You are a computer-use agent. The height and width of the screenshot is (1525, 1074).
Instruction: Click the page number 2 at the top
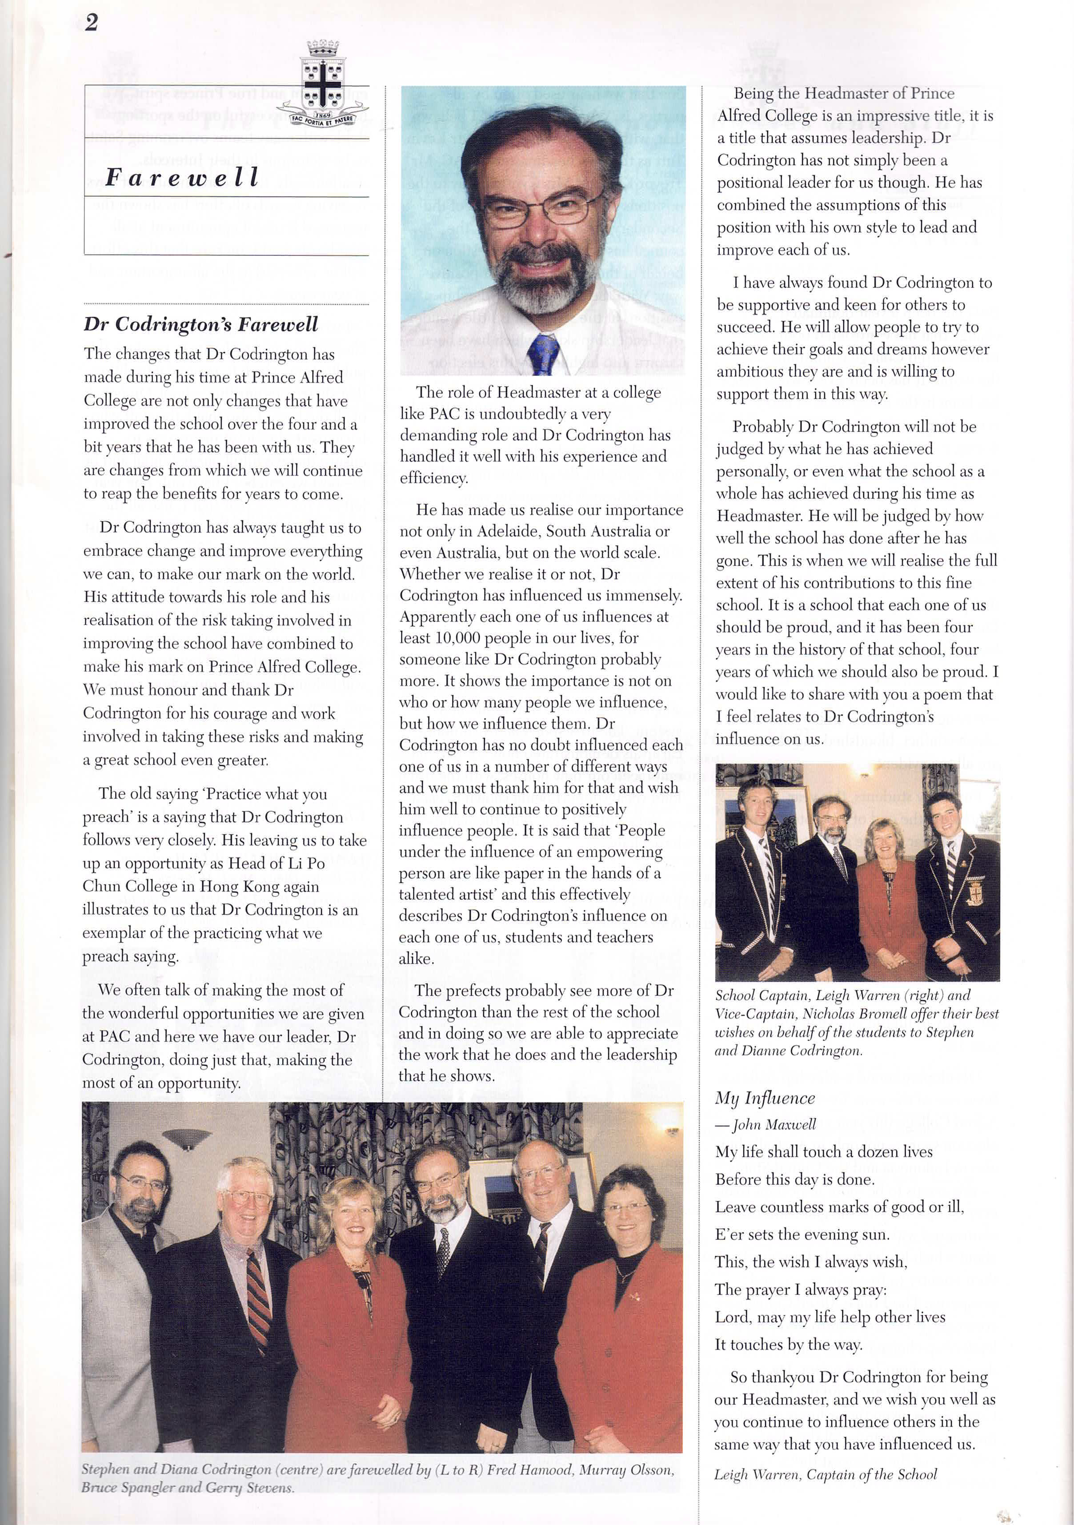tap(91, 23)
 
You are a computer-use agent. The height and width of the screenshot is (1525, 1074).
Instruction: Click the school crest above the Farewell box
tap(322, 84)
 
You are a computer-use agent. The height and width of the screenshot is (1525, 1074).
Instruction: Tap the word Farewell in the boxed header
tap(181, 177)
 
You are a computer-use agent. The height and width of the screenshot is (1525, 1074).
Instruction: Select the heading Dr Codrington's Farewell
tap(201, 324)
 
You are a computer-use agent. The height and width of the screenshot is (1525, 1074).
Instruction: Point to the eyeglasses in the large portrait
tap(541, 209)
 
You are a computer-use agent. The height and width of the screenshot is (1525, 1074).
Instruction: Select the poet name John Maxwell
tap(773, 1124)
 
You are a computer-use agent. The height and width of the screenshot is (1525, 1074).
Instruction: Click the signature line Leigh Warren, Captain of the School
tap(826, 1474)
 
